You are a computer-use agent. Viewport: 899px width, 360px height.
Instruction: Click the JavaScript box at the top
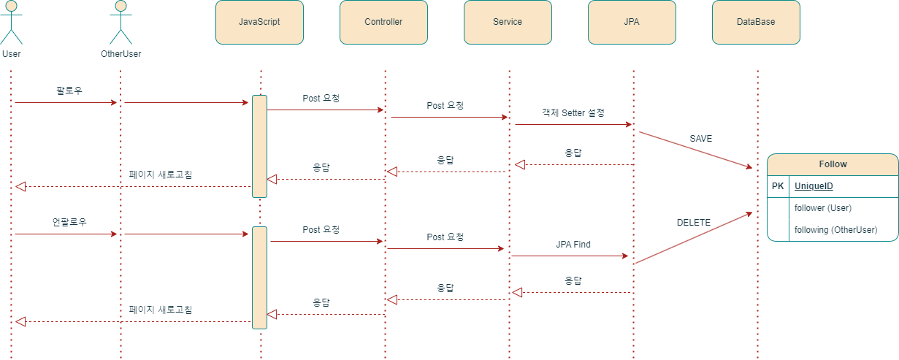pyautogui.click(x=259, y=22)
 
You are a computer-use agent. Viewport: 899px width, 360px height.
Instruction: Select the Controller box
pyautogui.click(x=383, y=22)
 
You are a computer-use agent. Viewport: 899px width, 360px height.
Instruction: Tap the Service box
pyautogui.click(x=508, y=22)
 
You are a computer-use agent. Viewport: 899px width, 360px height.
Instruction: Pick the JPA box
pyautogui.click(x=632, y=22)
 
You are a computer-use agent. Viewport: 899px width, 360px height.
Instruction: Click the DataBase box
pyautogui.click(x=756, y=22)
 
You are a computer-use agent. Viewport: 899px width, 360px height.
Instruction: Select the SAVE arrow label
pyautogui.click(x=700, y=139)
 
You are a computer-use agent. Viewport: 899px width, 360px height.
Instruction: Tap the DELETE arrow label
pyautogui.click(x=694, y=223)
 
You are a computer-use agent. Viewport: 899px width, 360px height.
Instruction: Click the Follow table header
pyautogui.click(x=833, y=164)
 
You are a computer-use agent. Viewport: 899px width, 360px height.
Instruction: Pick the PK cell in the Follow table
pyautogui.click(x=778, y=186)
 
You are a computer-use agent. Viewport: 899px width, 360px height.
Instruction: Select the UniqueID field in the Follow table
pyautogui.click(x=814, y=186)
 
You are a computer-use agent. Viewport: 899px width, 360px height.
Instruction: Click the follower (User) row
pyautogui.click(x=823, y=208)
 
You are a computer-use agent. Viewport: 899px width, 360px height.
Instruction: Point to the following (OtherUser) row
pyautogui.click(x=835, y=229)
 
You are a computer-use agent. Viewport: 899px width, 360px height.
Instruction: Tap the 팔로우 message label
pyautogui.click(x=69, y=91)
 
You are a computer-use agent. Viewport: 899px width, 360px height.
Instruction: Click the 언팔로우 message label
pyautogui.click(x=69, y=222)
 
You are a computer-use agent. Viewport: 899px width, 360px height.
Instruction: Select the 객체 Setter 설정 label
pyautogui.click(x=573, y=112)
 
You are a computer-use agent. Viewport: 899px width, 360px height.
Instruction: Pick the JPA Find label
pyautogui.click(x=573, y=245)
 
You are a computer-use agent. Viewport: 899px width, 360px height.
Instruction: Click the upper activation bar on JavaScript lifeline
pyautogui.click(x=259, y=146)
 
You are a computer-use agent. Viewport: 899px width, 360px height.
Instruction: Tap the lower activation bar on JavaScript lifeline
pyautogui.click(x=259, y=277)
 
